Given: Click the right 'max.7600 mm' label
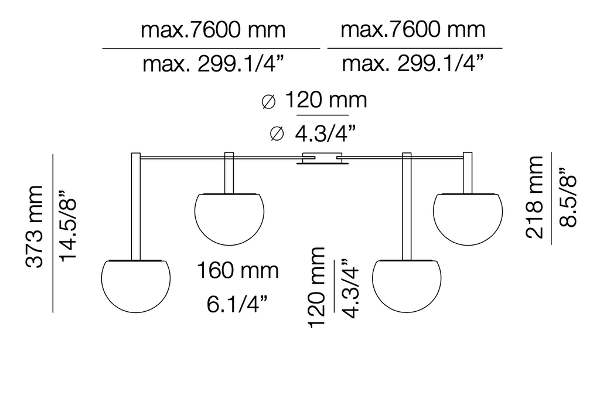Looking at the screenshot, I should point(413,29).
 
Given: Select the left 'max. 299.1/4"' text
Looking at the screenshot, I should point(213,63).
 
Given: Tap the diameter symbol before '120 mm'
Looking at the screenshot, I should point(268,101).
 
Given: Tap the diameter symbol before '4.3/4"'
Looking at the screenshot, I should point(277,135).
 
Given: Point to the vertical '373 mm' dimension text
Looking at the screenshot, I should point(36,226).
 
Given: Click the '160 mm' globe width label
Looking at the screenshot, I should point(237,271).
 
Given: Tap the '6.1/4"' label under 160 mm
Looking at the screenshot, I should point(237,304).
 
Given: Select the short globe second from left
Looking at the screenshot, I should point(229,217).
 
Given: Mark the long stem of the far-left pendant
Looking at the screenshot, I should point(135,205).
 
